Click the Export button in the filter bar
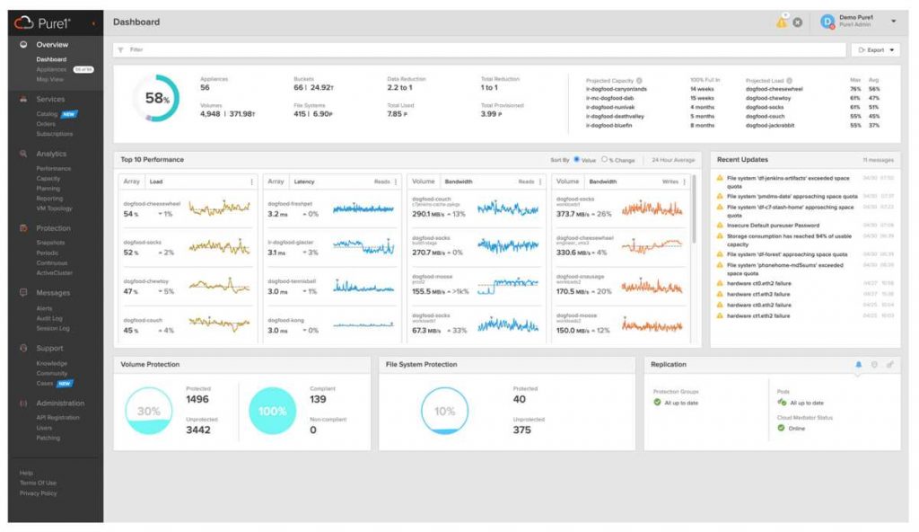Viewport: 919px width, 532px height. [874, 50]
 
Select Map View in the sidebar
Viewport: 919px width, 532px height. [49, 80]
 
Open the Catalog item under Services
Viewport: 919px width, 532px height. [47, 114]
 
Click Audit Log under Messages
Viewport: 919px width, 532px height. [49, 318]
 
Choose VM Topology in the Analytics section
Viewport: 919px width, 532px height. [54, 208]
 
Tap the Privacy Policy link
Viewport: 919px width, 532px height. [38, 493]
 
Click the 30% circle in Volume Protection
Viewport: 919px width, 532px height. [148, 412]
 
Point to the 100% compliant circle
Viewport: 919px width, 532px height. [274, 412]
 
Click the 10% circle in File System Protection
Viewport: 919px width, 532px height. [444, 412]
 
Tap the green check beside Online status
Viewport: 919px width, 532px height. [781, 428]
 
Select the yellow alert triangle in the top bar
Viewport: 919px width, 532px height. [781, 22]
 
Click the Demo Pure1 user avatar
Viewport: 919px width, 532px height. [827, 22]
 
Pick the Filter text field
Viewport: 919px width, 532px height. [449, 50]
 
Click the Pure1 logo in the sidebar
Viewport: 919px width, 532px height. [49, 22]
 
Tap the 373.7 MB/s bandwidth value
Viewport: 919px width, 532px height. [574, 214]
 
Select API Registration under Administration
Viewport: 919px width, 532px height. [57, 418]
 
